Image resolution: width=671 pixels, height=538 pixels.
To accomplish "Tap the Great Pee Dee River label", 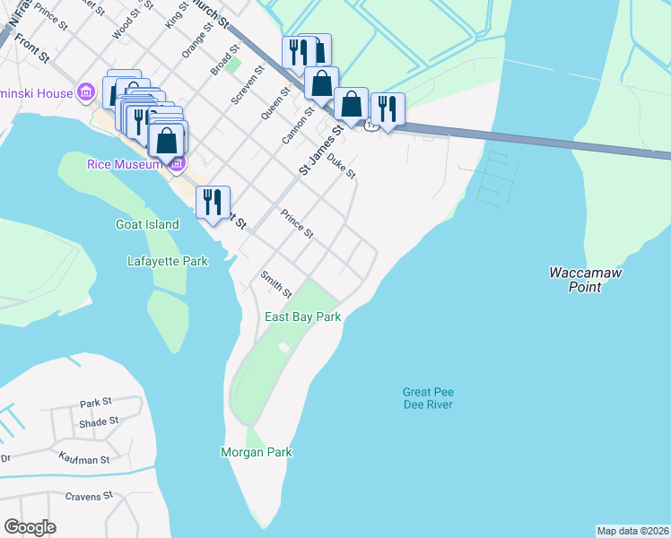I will [427, 398].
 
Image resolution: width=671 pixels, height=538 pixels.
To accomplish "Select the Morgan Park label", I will [257, 453].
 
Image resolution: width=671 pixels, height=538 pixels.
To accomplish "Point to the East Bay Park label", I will [302, 317].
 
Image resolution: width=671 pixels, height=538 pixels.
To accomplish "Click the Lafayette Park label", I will [167, 262].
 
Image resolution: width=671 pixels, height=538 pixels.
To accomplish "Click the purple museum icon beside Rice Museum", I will [177, 165].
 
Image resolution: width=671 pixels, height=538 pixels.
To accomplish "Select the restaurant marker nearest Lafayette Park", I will [213, 202].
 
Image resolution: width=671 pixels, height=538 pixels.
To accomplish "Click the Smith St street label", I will [275, 285].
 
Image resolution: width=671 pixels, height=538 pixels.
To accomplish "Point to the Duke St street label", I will [342, 165].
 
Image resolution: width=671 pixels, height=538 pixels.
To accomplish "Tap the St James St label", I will [321, 150].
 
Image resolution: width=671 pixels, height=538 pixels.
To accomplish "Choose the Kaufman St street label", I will [81, 460].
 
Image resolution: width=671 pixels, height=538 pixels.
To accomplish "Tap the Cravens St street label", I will [89, 495].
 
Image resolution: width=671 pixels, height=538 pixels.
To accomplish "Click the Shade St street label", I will [99, 422].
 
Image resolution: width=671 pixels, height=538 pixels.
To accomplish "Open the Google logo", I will [30, 527].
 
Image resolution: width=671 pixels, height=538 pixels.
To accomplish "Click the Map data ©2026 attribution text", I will [632, 531].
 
